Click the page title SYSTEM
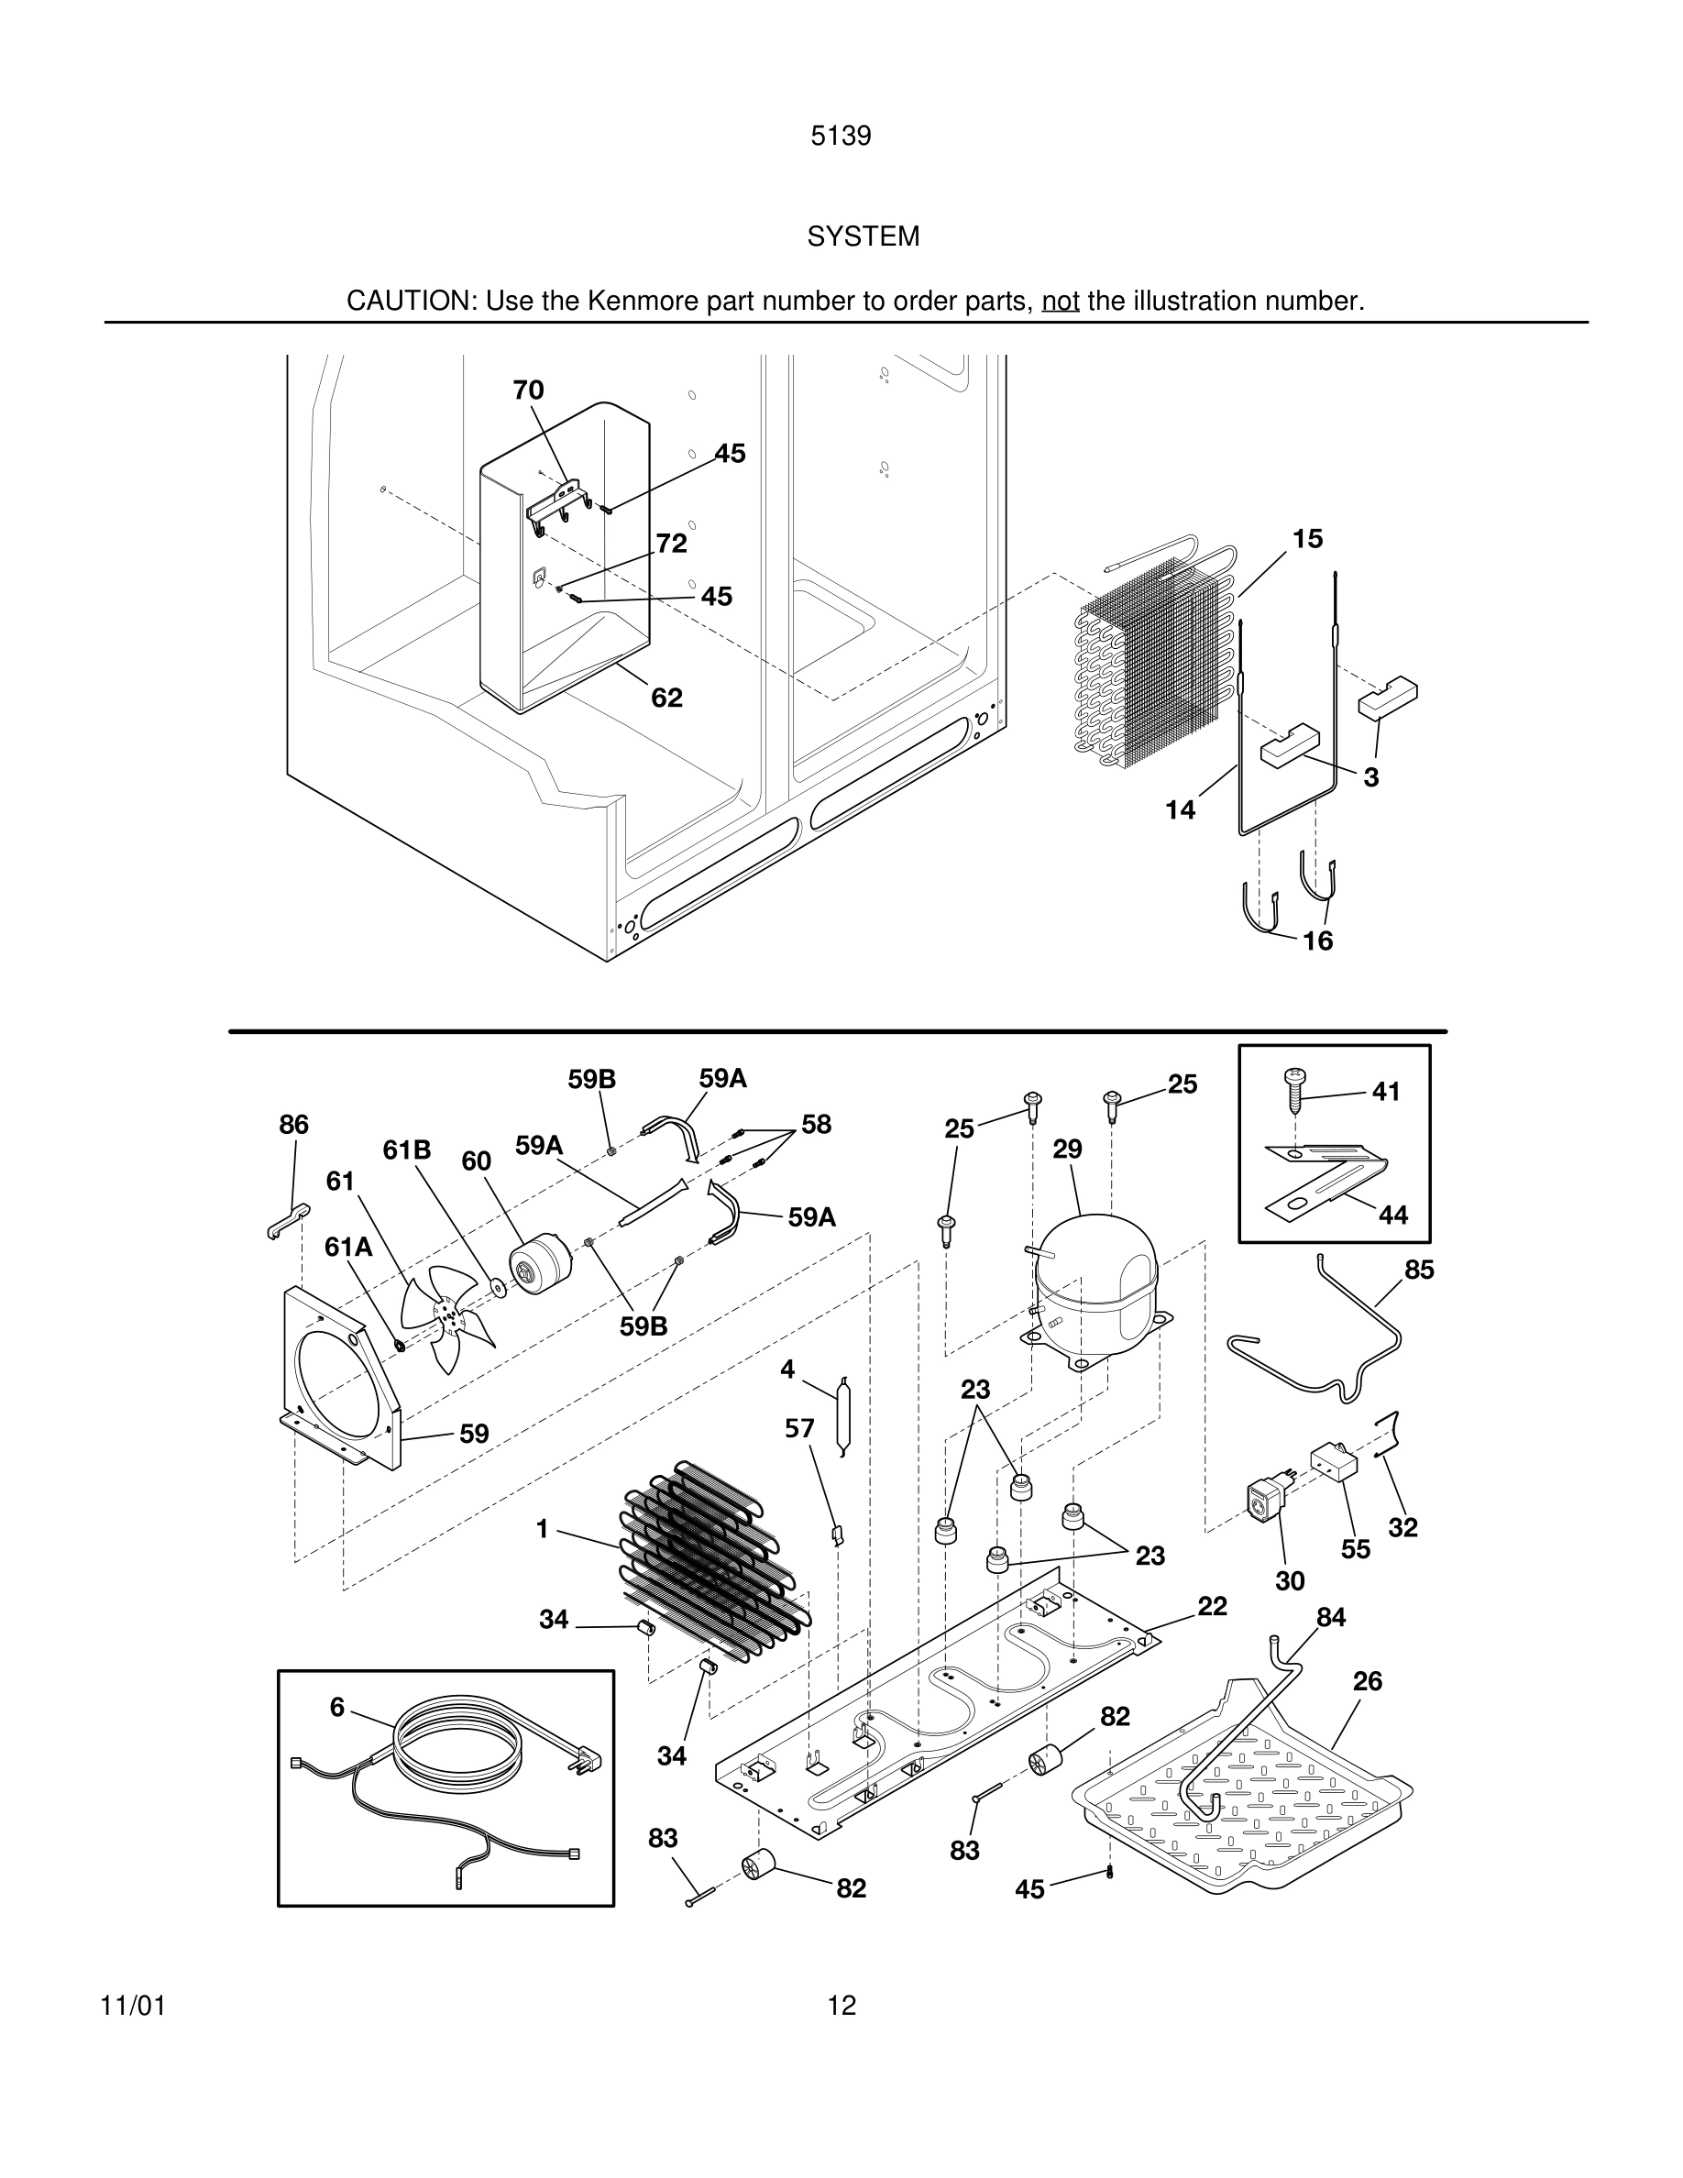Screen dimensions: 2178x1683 point(863,236)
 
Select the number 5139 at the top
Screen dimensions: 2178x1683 point(841,136)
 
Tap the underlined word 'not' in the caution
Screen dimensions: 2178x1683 point(1060,302)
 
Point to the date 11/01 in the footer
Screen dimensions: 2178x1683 point(133,2006)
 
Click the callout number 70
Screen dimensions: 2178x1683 point(528,390)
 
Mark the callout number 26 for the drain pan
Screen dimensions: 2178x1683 point(1367,1681)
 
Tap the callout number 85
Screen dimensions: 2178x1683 point(1419,1270)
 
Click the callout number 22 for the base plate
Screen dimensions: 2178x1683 point(1213,1607)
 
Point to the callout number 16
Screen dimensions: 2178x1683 point(1317,940)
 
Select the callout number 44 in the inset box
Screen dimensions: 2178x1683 point(1392,1215)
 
